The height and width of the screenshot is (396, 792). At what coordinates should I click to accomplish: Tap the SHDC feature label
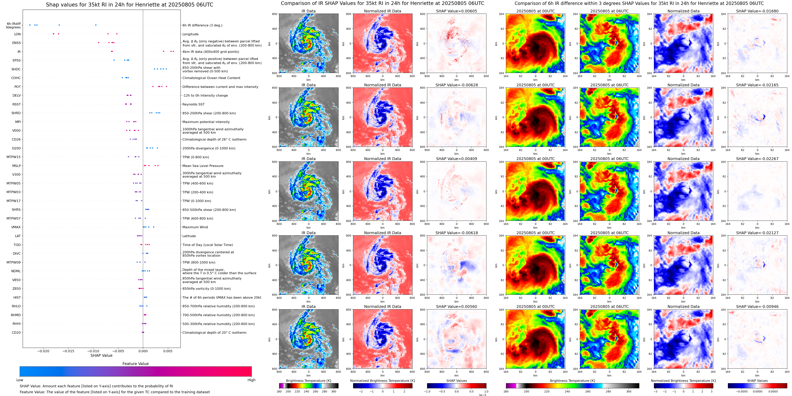pyautogui.click(x=16, y=69)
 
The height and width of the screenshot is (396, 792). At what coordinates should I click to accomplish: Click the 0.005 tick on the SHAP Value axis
pyautogui.click(x=167, y=351)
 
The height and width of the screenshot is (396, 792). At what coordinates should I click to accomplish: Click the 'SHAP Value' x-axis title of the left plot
pyautogui.click(x=101, y=355)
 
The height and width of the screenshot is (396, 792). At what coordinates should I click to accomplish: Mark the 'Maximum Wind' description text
pyautogui.click(x=195, y=227)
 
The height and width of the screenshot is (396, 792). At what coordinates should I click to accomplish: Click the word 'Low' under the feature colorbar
pyautogui.click(x=20, y=380)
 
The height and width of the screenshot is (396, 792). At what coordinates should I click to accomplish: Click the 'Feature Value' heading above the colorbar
pyautogui.click(x=135, y=364)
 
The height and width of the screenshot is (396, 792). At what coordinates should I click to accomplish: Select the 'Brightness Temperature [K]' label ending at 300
pyautogui.click(x=308, y=381)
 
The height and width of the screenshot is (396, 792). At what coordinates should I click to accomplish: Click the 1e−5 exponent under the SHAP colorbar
pyautogui.click(x=482, y=395)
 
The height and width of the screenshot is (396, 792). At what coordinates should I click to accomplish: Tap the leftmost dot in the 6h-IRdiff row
pyautogui.click(x=30, y=25)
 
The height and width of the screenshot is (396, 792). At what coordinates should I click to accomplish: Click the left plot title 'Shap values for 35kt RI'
pyautogui.click(x=129, y=5)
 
